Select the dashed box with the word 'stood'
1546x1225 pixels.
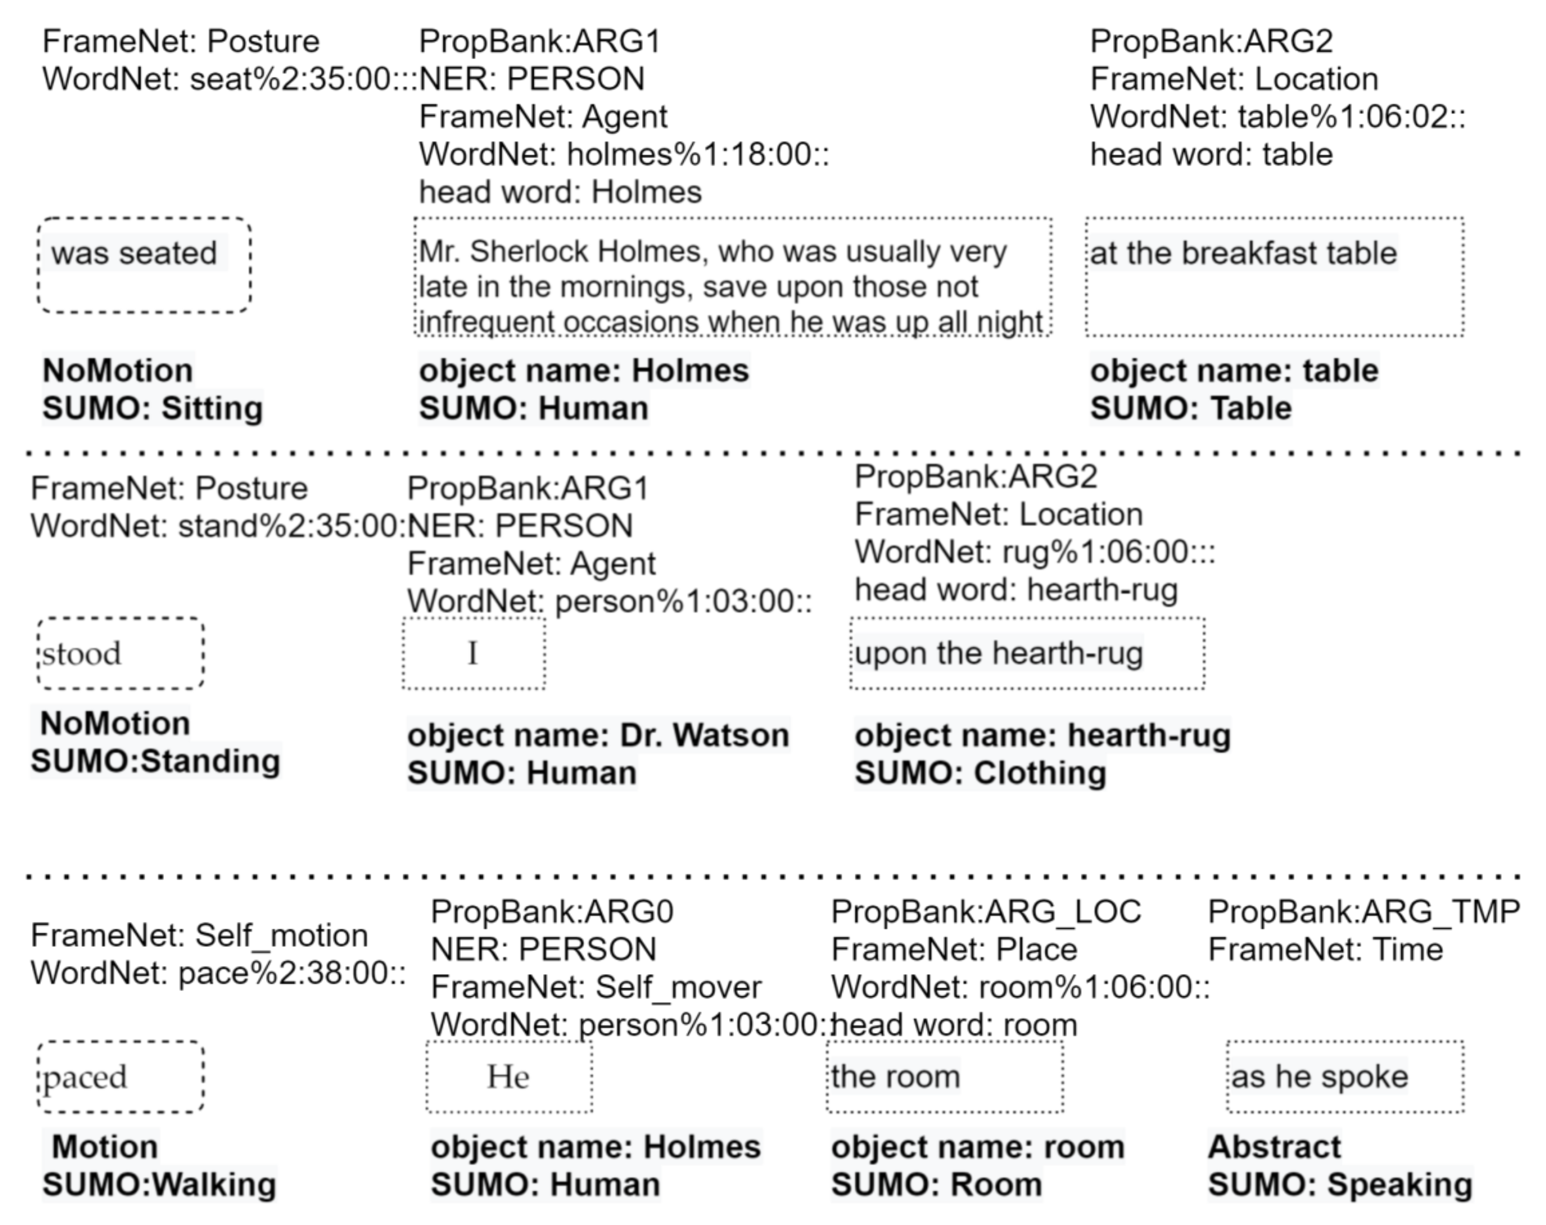(x=120, y=653)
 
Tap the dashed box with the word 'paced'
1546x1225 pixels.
(x=120, y=1077)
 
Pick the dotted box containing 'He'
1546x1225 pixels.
(x=509, y=1077)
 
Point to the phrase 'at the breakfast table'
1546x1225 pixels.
(x=1243, y=253)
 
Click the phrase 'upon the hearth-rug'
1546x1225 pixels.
(x=998, y=653)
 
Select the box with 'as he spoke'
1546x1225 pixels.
(x=1344, y=1077)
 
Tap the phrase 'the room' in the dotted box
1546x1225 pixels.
(x=895, y=1077)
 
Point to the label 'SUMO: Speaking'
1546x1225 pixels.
(x=1340, y=1184)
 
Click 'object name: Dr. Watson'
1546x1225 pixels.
(x=598, y=736)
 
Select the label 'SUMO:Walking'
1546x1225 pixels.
(x=159, y=1184)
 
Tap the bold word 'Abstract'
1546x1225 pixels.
(x=1274, y=1147)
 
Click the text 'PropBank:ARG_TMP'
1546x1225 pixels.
(x=1363, y=912)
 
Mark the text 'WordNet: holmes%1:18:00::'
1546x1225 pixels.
(x=624, y=154)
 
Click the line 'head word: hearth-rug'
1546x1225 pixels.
(x=1015, y=590)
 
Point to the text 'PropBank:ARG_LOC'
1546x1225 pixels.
(x=986, y=912)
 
